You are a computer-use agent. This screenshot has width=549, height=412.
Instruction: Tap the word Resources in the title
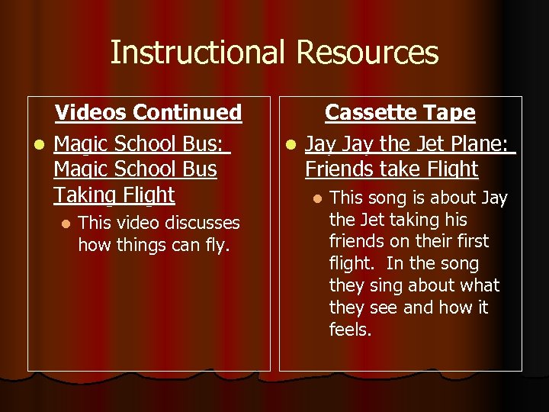point(368,53)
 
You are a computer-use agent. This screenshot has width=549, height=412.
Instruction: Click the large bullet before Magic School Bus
point(36,143)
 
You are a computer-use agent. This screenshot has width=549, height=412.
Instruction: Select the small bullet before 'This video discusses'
point(66,224)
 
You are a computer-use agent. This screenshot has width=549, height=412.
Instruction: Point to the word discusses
point(201,223)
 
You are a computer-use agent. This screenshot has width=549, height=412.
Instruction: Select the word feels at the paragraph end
point(350,330)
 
